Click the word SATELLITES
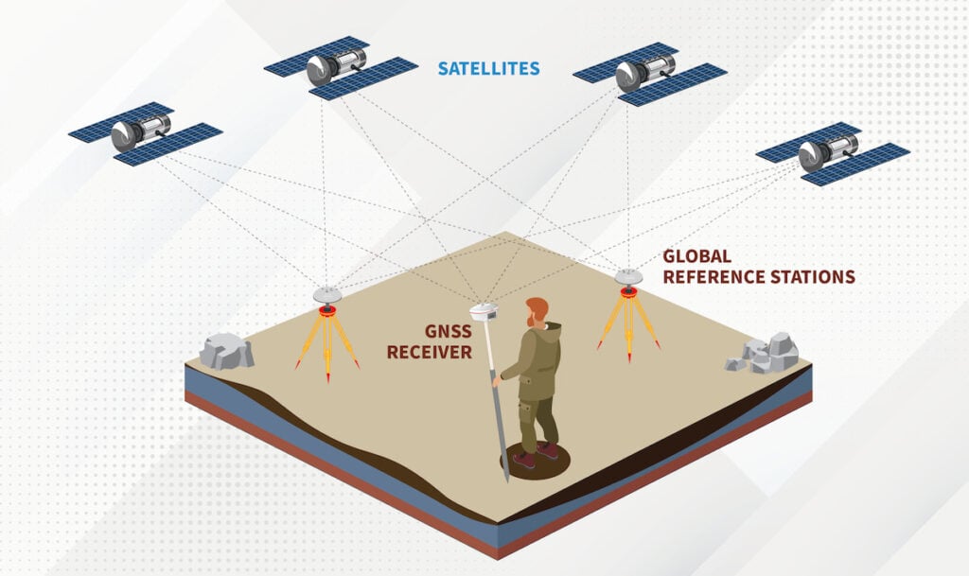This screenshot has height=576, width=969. (x=489, y=68)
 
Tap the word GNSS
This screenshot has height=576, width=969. (x=448, y=332)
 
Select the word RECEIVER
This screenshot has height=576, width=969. (x=430, y=353)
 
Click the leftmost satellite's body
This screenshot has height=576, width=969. (x=141, y=132)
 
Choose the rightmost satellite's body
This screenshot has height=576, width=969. (x=828, y=152)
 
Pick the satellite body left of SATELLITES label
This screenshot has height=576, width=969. (x=336, y=67)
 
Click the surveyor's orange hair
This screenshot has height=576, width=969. (x=537, y=308)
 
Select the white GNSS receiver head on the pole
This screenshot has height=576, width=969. (x=484, y=312)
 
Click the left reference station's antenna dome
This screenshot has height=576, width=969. (x=326, y=294)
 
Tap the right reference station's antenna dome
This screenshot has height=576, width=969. (x=628, y=277)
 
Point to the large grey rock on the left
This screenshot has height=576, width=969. (x=227, y=352)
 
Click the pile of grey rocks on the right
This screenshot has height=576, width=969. (x=763, y=354)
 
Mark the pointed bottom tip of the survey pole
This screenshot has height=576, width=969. (x=507, y=480)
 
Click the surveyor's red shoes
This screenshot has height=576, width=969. (x=536, y=455)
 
